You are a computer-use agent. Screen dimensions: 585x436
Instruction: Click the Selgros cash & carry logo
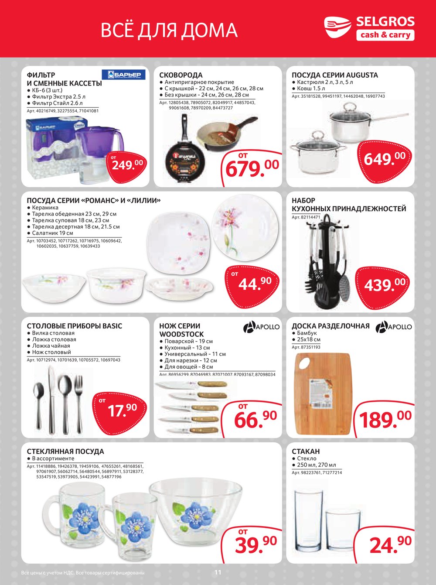point(369,29)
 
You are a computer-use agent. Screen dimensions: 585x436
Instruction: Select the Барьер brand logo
point(124,75)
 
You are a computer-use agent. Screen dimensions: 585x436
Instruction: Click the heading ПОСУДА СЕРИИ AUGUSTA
point(334,75)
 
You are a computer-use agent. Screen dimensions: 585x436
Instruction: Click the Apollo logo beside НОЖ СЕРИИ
point(261,326)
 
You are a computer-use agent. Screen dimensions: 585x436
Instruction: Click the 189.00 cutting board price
point(385,419)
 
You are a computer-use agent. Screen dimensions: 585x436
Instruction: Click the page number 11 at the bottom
point(218,572)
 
